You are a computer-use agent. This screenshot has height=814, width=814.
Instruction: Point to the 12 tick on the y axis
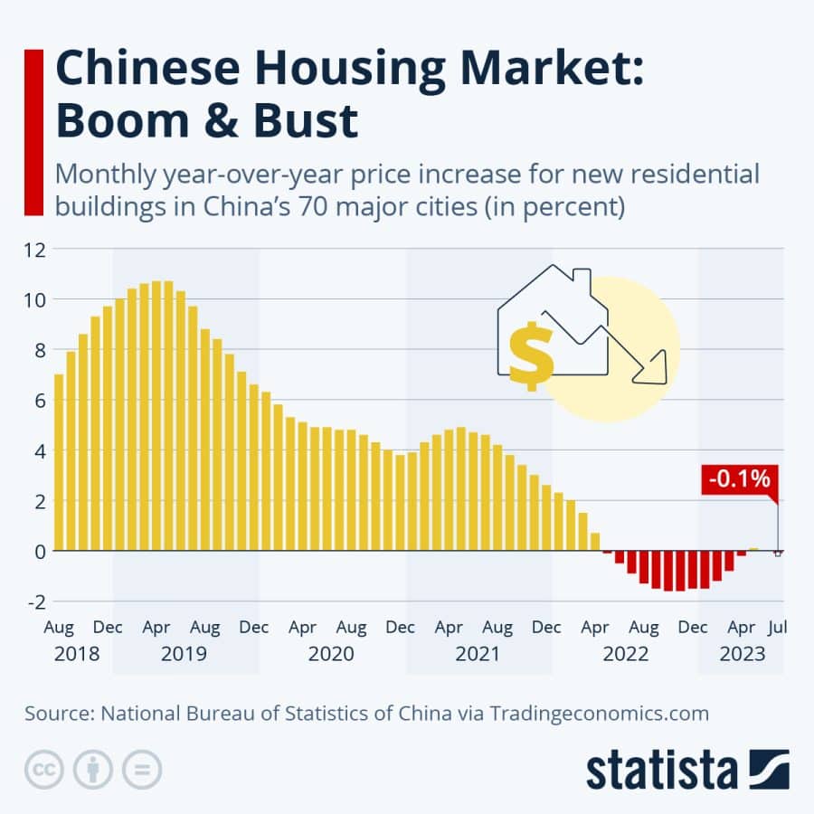click(35, 249)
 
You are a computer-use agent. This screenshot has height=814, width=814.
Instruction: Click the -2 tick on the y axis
click(33, 601)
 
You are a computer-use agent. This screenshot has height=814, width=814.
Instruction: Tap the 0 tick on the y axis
click(37, 550)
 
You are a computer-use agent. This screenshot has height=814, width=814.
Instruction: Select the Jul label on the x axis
click(776, 627)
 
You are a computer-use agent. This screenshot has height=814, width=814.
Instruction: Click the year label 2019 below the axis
click(184, 653)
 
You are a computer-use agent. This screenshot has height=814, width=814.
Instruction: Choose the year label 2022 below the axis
click(626, 653)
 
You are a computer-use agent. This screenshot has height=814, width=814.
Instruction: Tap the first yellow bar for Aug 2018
click(60, 462)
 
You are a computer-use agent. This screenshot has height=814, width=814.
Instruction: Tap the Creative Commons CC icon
click(42, 770)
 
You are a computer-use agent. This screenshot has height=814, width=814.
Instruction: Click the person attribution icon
click(91, 770)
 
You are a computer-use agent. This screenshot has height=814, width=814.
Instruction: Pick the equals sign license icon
click(141, 770)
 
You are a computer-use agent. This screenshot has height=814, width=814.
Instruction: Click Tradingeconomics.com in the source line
click(599, 713)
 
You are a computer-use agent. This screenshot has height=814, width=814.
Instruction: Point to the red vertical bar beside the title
click(34, 132)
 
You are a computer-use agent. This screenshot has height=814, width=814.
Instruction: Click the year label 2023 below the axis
click(743, 653)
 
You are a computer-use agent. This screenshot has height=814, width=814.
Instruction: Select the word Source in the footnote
click(59, 713)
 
